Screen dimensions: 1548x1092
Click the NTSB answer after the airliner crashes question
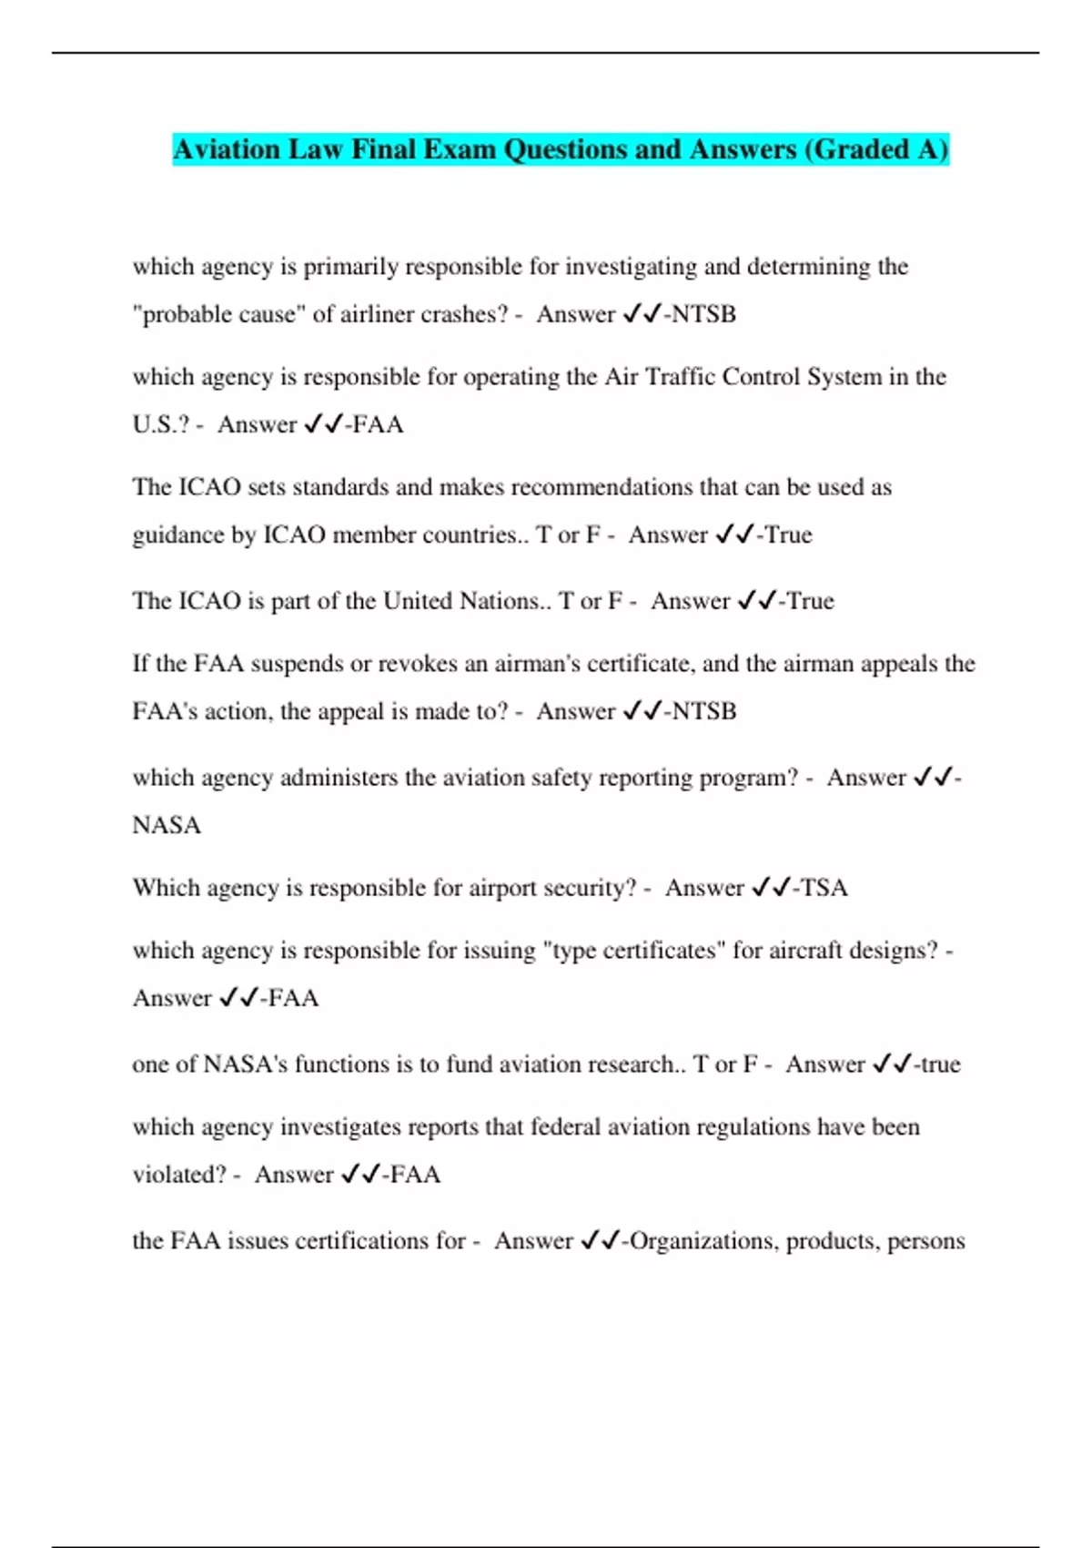point(703,314)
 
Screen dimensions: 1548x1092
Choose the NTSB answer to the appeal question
point(703,711)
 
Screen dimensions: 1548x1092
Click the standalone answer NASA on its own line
point(167,825)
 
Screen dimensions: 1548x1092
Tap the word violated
point(178,1175)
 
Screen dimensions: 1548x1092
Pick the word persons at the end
point(925,1241)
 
